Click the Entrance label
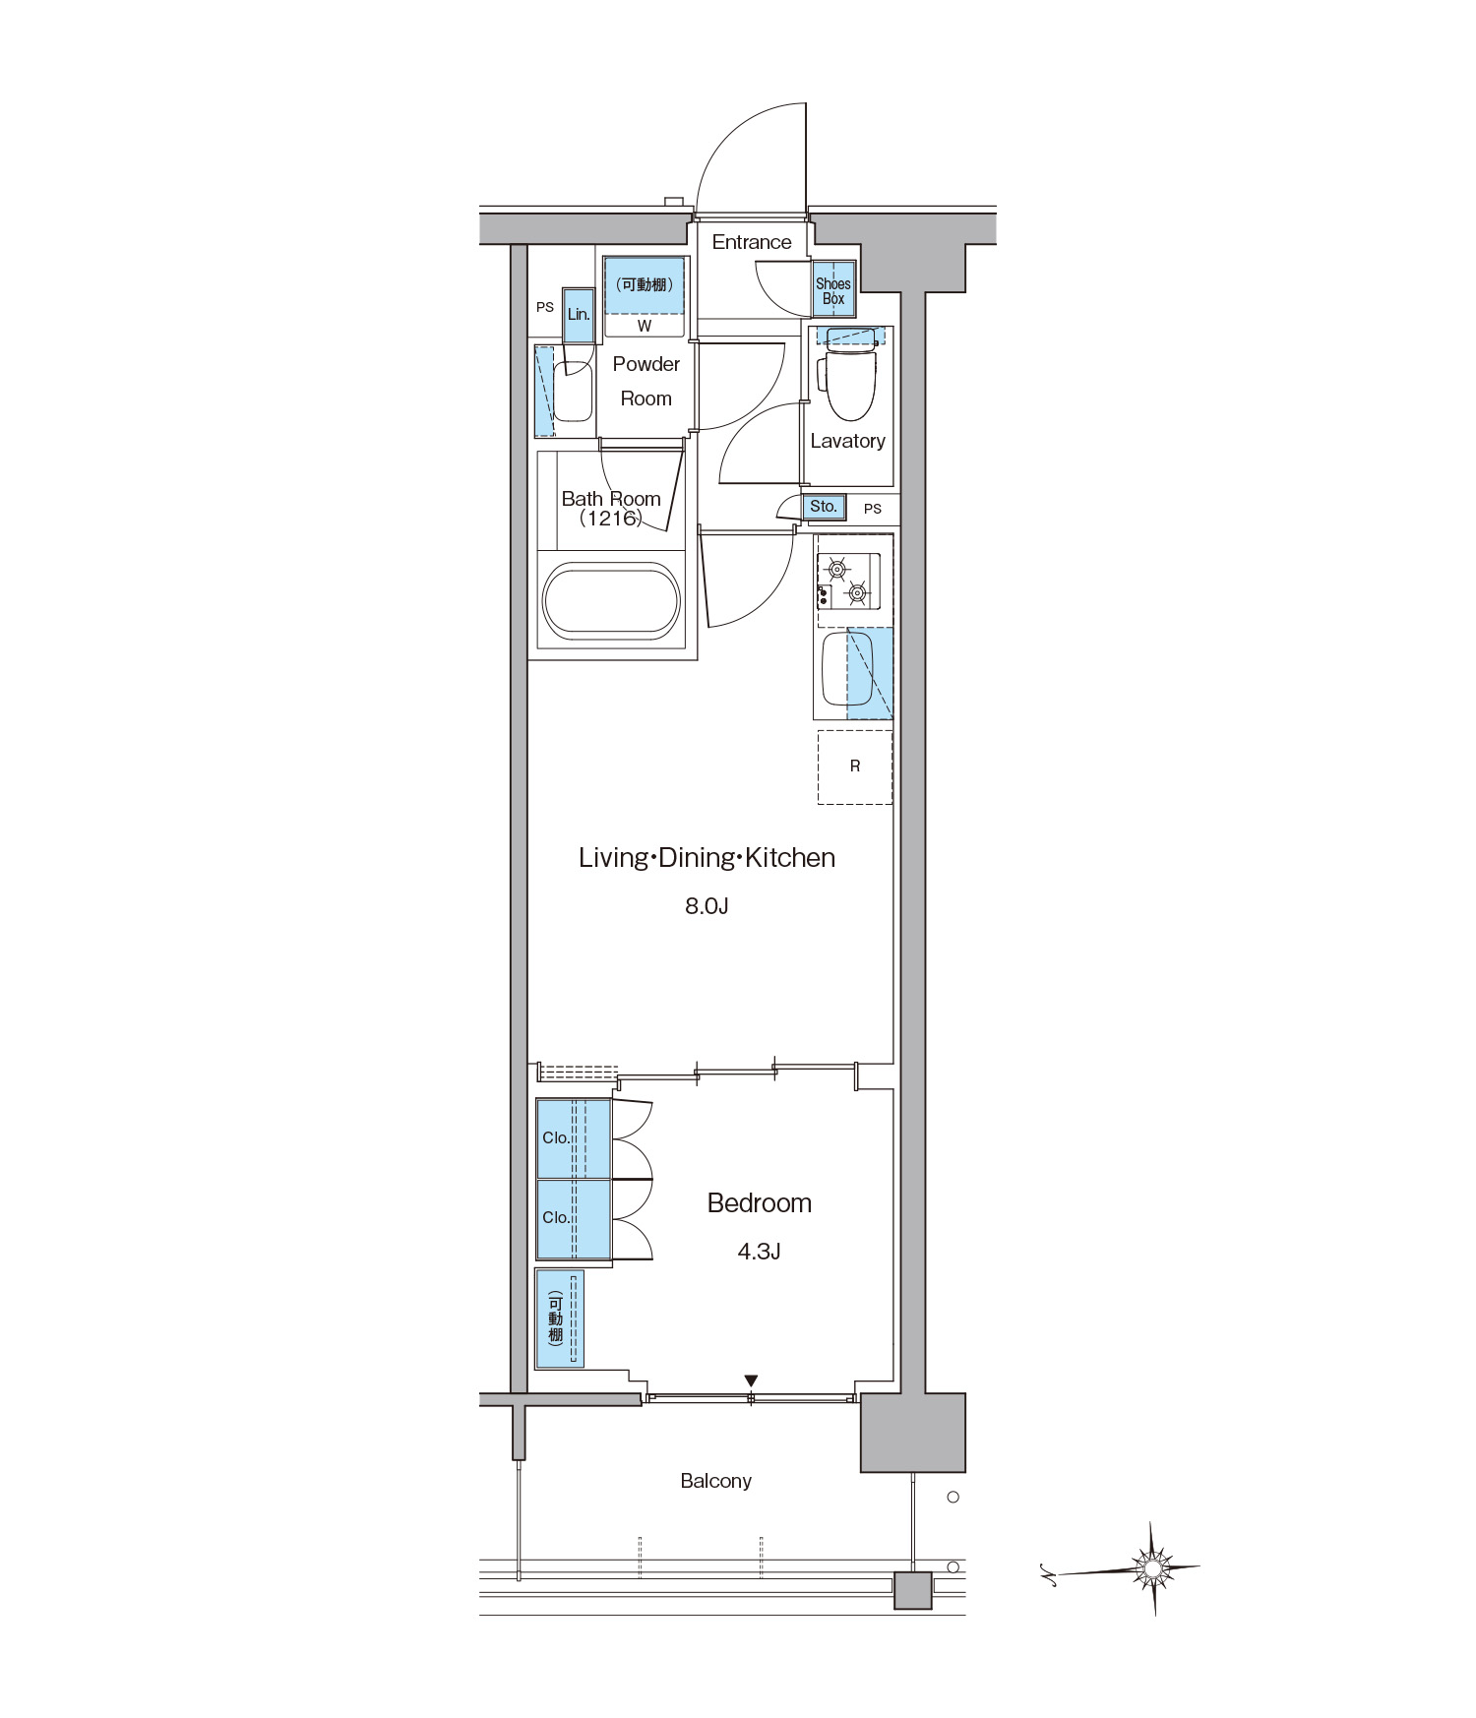752,242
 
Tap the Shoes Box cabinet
833,290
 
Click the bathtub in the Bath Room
611,598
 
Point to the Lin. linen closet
579,315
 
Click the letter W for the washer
645,326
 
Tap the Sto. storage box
824,507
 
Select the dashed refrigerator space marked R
855,767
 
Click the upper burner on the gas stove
837,568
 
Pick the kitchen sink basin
847,669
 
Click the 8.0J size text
707,906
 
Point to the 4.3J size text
759,1252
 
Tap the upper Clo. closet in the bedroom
574,1138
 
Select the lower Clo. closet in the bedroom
574,1219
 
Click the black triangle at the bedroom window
752,1381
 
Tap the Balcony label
715,1481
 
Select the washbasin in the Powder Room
573,392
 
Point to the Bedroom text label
760,1202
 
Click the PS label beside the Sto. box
873,509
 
